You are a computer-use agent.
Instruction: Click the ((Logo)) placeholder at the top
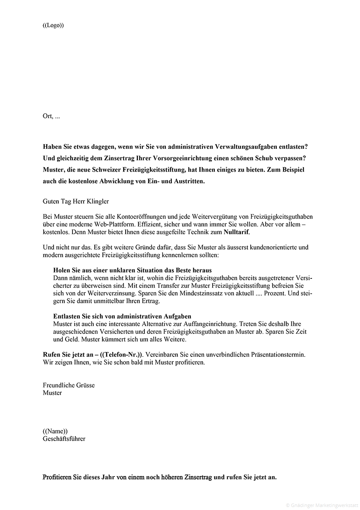(53, 25)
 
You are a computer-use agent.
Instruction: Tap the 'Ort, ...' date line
(51, 116)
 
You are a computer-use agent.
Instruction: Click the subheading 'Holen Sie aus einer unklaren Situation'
(132, 270)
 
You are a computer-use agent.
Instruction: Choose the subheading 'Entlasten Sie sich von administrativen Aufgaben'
(122, 316)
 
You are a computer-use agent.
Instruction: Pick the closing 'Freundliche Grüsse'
(69, 385)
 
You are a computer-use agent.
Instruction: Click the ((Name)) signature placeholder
(55, 431)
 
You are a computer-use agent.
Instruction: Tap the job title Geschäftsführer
(64, 439)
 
